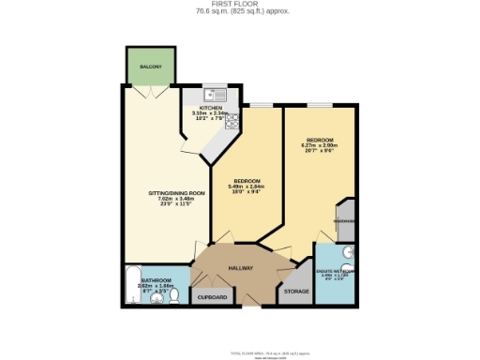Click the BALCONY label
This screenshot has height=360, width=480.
(151, 67)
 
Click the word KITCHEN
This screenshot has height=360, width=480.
(211, 108)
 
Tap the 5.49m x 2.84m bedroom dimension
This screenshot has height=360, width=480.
(247, 186)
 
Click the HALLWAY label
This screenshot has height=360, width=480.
(242, 268)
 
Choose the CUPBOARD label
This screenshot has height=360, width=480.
(212, 297)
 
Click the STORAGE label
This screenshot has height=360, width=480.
(295, 292)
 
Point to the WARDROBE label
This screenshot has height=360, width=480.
(344, 222)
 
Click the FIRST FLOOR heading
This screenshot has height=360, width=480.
(239, 5)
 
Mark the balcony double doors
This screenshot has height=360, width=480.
(151, 90)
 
